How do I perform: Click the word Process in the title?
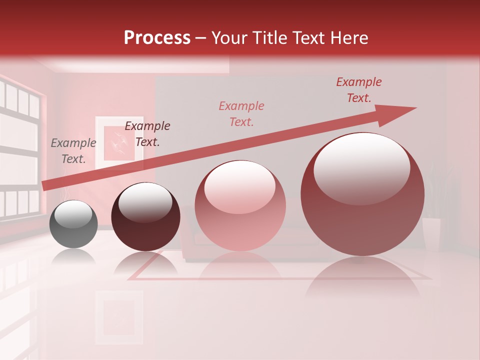pyautogui.click(x=157, y=38)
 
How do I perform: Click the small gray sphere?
pyautogui.click(x=73, y=224)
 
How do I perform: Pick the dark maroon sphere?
pyautogui.click(x=145, y=217)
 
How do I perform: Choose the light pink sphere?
pyautogui.click(x=240, y=205)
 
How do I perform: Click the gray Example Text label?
pyautogui.click(x=73, y=151)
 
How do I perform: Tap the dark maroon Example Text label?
pyautogui.click(x=147, y=134)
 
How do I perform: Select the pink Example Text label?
pyautogui.click(x=241, y=114)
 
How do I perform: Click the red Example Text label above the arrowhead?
pyautogui.click(x=359, y=90)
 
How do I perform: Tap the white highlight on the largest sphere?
pyautogui.click(x=361, y=167)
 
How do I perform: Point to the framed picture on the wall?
pyautogui.click(x=119, y=142)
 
